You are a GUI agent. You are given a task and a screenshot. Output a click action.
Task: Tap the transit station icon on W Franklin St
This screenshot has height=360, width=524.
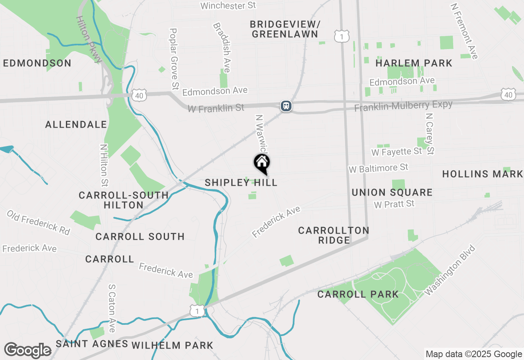(x=286, y=106)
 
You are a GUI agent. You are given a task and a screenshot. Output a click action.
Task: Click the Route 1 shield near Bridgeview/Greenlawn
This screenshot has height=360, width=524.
(x=341, y=36)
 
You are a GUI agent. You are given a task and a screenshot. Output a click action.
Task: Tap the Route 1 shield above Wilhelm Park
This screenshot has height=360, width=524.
(x=197, y=310)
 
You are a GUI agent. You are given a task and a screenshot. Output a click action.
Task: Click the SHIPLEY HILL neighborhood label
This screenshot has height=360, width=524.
(x=241, y=182)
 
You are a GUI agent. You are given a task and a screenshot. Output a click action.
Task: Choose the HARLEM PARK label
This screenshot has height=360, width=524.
(x=414, y=63)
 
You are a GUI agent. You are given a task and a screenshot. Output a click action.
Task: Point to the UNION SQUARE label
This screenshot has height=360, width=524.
(x=392, y=192)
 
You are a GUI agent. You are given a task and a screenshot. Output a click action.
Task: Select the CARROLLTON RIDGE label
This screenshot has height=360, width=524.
(x=334, y=235)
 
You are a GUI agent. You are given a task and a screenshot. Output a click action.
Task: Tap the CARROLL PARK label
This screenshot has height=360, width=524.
(x=358, y=294)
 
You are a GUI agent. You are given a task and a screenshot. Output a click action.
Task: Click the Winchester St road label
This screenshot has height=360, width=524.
(x=228, y=5)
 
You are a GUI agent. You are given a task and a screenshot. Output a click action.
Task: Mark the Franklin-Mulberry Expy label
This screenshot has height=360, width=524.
(x=403, y=106)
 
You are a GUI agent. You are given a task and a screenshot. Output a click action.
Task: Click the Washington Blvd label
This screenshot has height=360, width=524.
(x=450, y=270)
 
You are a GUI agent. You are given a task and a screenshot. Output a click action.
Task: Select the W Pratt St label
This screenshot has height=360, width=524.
(x=394, y=204)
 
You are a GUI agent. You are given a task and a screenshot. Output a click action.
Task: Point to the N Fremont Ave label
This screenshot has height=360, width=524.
(x=464, y=31)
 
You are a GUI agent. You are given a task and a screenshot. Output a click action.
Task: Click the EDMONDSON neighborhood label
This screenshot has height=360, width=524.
(x=37, y=63)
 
